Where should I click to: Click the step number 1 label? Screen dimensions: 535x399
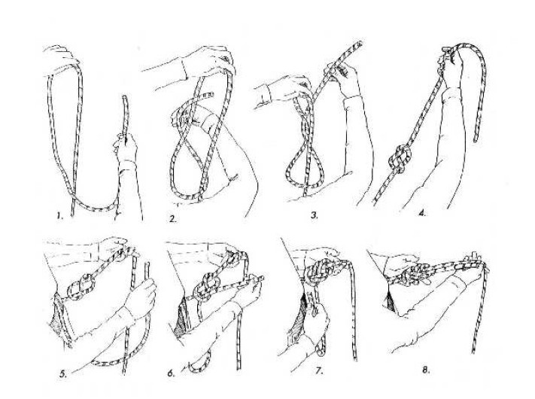pos(59,216)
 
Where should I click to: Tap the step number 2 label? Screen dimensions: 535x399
pos(173,219)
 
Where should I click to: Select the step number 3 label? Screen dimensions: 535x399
pos(315,215)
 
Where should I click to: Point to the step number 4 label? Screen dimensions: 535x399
pos(422,214)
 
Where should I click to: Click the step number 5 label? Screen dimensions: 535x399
pos(62,374)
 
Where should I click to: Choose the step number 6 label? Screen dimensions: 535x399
pos(171,373)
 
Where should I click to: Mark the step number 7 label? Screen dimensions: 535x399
pos(319,370)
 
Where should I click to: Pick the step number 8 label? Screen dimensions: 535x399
pos(425,370)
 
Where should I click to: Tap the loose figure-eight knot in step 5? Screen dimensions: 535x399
pos(82,285)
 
